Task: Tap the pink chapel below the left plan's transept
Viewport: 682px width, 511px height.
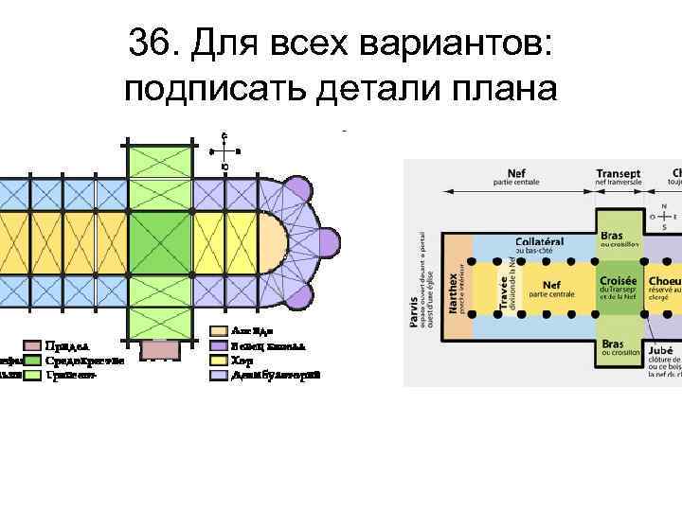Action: click(x=158, y=347)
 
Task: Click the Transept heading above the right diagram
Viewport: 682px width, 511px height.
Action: click(x=618, y=174)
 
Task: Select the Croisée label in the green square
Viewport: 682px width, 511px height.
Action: click(x=618, y=281)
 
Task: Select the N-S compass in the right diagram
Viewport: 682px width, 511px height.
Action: click(x=664, y=217)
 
